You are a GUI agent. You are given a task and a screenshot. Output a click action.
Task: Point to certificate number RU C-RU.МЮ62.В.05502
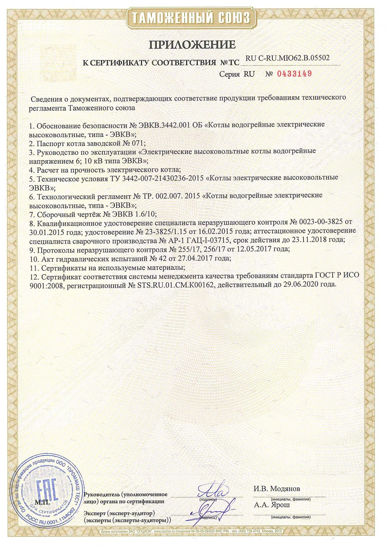coord(287,58)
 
